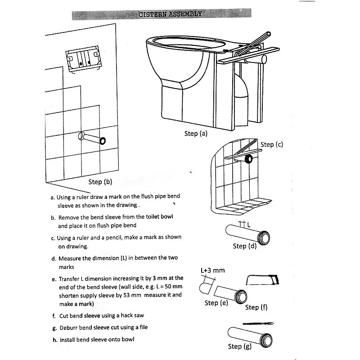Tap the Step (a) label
[x=196, y=134]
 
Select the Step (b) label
[x=100, y=182]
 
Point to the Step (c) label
[x=272, y=144]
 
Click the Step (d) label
[x=245, y=246]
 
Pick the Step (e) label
[x=216, y=303]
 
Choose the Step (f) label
[x=256, y=307]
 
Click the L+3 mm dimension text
[x=212, y=270]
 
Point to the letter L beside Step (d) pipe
[x=247, y=225]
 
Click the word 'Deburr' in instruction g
[x=69, y=328]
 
